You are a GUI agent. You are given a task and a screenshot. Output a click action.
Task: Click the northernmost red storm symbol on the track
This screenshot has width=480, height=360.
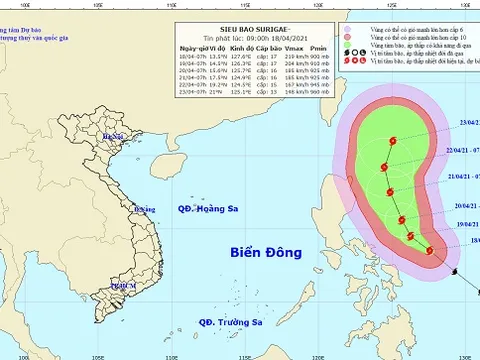click(x=391, y=141)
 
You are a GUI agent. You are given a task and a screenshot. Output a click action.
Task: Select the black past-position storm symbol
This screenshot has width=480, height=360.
click(x=452, y=270)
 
